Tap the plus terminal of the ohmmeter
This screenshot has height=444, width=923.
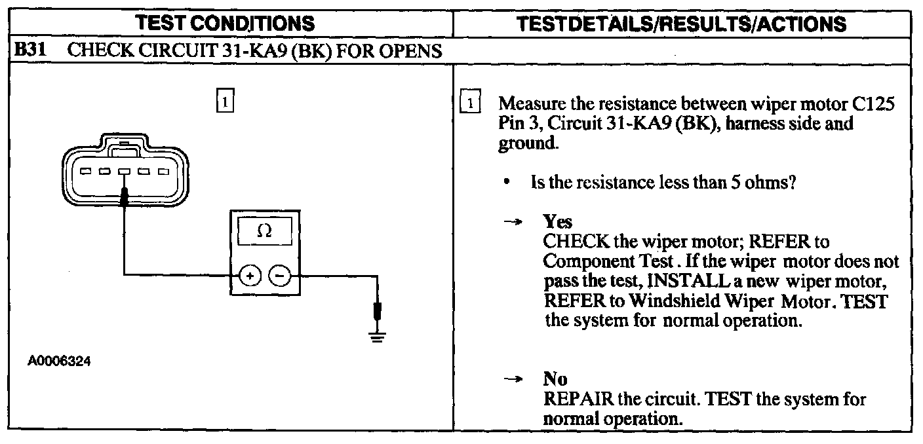click(x=249, y=276)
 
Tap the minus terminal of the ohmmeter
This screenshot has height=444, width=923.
click(x=280, y=276)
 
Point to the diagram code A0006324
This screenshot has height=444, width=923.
click(x=59, y=361)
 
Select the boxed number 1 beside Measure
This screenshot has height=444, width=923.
click(x=470, y=104)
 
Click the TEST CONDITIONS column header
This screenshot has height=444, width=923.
click(x=225, y=24)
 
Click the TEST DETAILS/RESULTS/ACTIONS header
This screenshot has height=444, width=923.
click(x=682, y=24)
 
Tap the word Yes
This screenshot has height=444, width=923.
click(x=557, y=222)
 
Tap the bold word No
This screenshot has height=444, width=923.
click(x=555, y=379)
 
